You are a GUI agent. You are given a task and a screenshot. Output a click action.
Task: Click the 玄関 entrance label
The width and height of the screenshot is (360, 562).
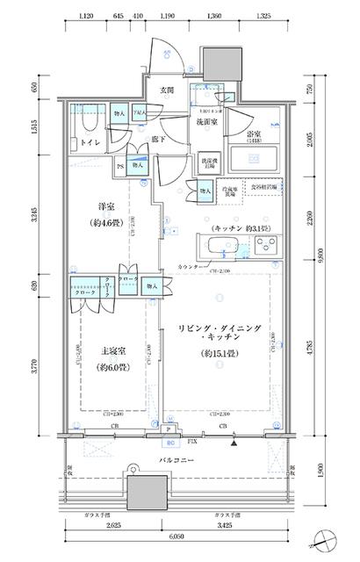pyautogui.click(x=167, y=90)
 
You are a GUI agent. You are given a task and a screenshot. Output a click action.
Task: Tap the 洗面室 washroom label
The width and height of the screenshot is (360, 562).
pyautogui.click(x=206, y=124)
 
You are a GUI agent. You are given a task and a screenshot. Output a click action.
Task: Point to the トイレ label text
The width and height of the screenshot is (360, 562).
pyautogui.click(x=89, y=140)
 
